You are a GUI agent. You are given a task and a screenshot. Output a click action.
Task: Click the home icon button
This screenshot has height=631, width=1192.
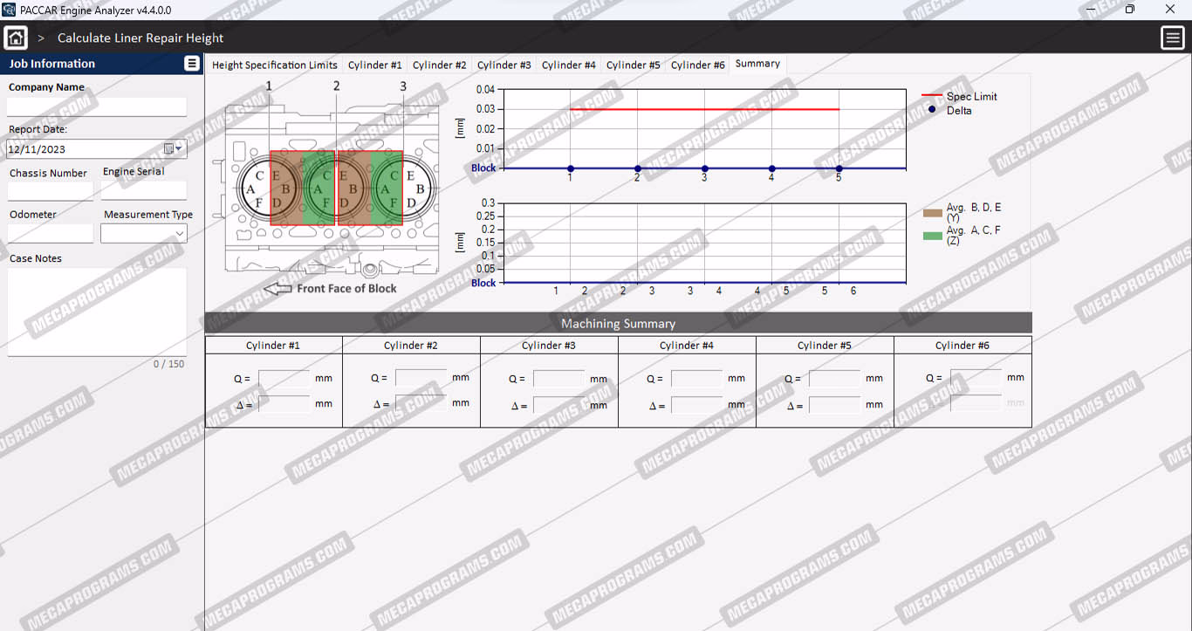(x=16, y=38)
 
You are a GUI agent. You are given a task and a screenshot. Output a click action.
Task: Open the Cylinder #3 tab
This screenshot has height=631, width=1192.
(x=504, y=65)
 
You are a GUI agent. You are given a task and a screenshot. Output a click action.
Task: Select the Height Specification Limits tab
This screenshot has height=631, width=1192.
(x=275, y=65)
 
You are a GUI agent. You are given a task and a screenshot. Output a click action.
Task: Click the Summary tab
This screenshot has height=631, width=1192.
(x=757, y=64)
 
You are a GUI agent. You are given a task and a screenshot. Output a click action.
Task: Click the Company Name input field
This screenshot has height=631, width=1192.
(x=97, y=106)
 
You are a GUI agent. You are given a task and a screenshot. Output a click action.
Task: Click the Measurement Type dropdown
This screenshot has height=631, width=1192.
(x=144, y=234)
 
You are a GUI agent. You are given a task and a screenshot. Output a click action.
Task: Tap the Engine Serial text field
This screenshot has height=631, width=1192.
(x=144, y=190)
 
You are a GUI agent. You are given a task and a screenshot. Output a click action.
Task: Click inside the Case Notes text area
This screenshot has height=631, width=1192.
(x=97, y=312)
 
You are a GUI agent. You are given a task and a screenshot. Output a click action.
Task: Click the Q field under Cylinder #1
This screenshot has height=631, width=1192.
(x=284, y=378)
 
